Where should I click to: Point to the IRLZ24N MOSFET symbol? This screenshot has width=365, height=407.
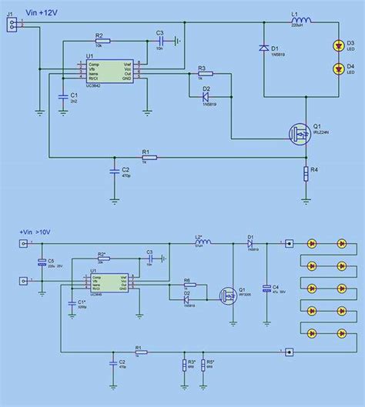(298, 132)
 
